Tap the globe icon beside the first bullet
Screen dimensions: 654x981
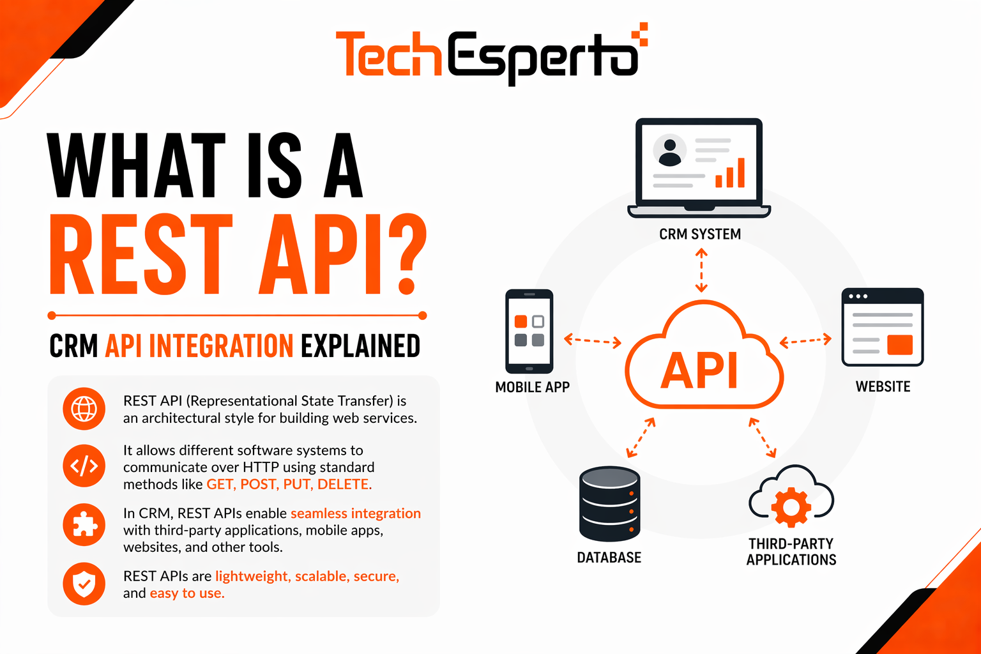(84, 409)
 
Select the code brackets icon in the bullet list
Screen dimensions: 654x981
(84, 466)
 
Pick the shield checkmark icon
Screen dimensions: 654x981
(84, 583)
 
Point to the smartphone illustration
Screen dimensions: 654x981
(529, 331)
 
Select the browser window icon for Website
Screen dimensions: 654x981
(882, 327)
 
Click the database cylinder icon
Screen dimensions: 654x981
(609, 504)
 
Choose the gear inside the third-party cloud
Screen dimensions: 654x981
(791, 507)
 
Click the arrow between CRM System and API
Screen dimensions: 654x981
(701, 270)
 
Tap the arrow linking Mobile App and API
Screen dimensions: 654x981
(592, 341)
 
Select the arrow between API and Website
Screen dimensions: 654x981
(805, 340)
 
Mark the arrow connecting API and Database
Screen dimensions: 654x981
(641, 437)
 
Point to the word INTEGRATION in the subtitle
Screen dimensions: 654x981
(221, 346)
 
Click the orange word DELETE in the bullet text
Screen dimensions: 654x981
(344, 484)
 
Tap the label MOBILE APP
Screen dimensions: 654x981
(532, 387)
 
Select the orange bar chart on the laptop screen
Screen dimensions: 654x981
(730, 174)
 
